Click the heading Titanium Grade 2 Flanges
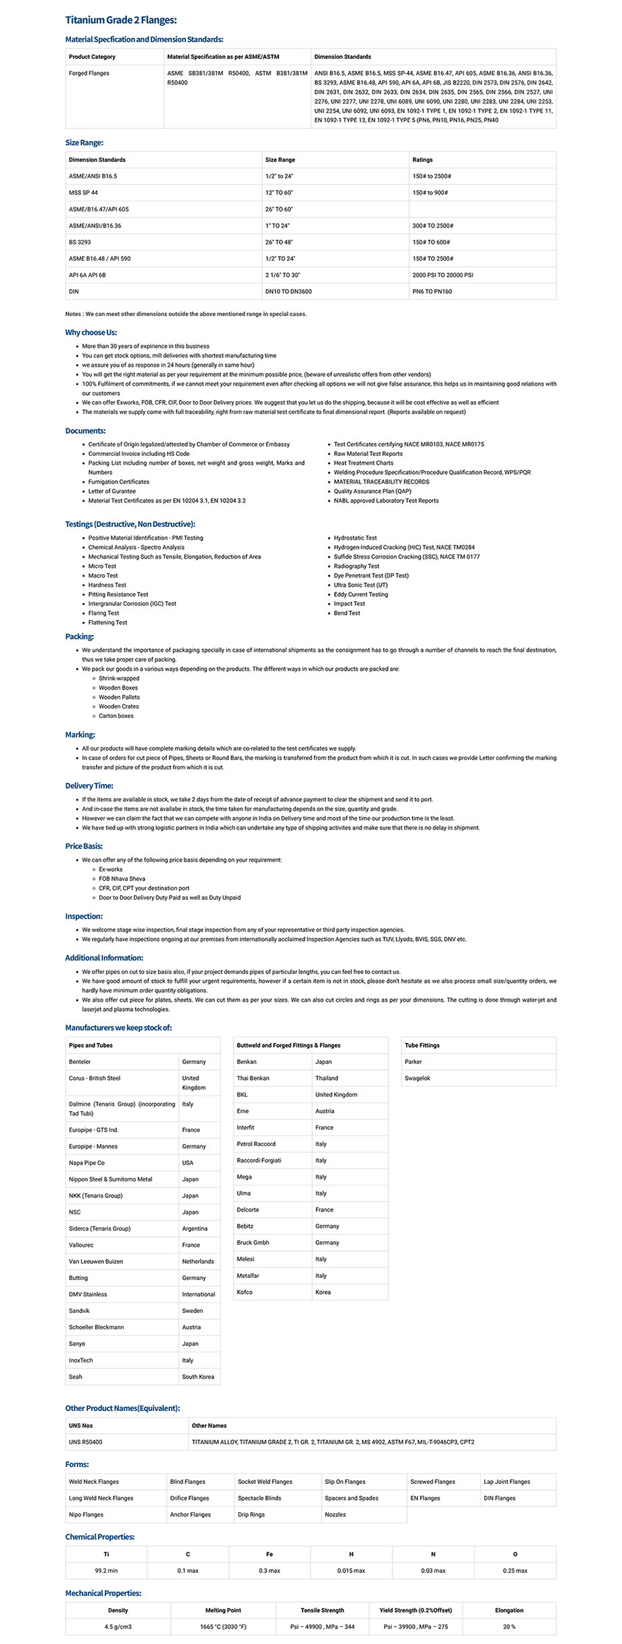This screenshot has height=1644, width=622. pyautogui.click(x=120, y=20)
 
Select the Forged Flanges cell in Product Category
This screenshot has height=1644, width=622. pyautogui.click(x=89, y=73)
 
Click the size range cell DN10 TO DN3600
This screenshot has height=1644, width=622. pyautogui.click(x=288, y=292)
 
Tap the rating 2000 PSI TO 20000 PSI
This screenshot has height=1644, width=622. pyautogui.click(x=442, y=275)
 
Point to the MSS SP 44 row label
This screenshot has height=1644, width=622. pyautogui.click(x=83, y=192)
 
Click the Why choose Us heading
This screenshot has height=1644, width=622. pyautogui.click(x=91, y=332)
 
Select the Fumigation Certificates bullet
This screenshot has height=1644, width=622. pyautogui.click(x=118, y=482)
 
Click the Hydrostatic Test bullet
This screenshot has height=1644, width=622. pyautogui.click(x=355, y=538)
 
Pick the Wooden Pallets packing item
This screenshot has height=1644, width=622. pyautogui.click(x=119, y=697)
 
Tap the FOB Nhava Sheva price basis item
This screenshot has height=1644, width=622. pyautogui.click(x=122, y=879)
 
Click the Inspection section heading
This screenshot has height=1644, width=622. pyautogui.click(x=84, y=917)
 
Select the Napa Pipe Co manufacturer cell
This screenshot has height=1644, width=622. pyautogui.click(x=87, y=1162)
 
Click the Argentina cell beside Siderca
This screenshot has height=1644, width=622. pyautogui.click(x=195, y=1229)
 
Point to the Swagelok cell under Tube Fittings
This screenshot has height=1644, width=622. pyautogui.click(x=417, y=1078)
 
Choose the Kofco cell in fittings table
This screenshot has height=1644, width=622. pyautogui.click(x=245, y=1292)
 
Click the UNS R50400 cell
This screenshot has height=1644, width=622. pyautogui.click(x=85, y=1442)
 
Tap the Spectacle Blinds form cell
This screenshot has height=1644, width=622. pyautogui.click(x=259, y=1498)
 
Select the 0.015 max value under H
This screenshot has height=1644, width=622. pyautogui.click(x=351, y=1570)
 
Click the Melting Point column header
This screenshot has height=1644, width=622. pyautogui.click(x=223, y=1610)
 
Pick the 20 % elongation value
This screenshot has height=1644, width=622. pyautogui.click(x=508, y=1626)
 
